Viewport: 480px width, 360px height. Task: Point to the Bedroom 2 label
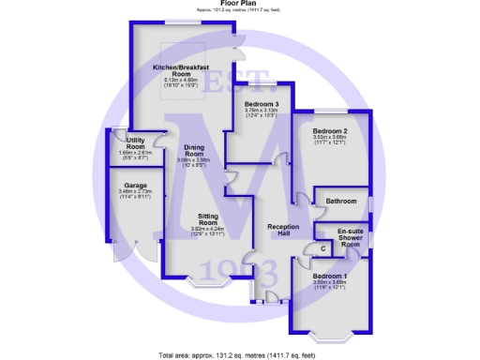click(x=330, y=131)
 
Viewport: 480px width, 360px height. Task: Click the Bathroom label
click(x=341, y=202)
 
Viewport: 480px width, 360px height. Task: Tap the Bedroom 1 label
click(x=330, y=276)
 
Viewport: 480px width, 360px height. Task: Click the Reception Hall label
click(x=282, y=232)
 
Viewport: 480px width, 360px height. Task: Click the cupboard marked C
click(x=322, y=248)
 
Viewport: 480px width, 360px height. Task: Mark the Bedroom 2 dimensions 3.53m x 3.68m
click(x=330, y=138)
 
